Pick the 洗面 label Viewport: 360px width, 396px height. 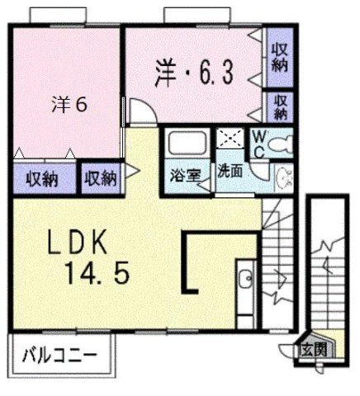tap(230, 172)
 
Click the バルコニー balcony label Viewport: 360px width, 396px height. tap(58, 357)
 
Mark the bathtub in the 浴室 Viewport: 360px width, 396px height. tap(186, 144)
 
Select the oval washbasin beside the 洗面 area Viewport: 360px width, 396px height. tap(283, 176)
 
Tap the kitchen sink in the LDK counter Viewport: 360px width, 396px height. tap(246, 281)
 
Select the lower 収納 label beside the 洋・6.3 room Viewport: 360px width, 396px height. tap(281, 106)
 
